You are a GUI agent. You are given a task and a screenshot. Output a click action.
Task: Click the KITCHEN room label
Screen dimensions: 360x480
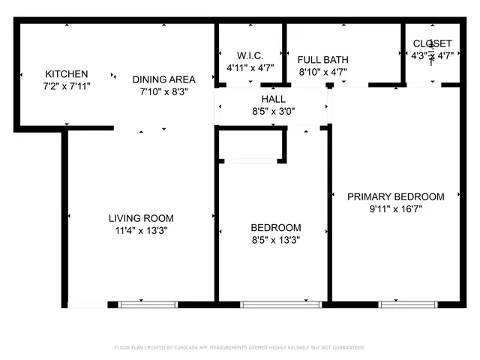coord(67,74)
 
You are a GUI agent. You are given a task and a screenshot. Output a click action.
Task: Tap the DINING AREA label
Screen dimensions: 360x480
coord(163,79)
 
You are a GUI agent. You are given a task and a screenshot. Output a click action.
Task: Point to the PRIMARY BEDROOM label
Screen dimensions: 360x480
coord(395,196)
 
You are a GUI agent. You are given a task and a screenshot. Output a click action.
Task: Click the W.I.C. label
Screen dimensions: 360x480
coord(250,55)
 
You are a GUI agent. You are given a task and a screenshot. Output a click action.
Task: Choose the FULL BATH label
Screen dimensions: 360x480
coord(322,60)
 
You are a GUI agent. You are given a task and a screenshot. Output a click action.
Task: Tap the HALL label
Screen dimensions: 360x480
coord(273,99)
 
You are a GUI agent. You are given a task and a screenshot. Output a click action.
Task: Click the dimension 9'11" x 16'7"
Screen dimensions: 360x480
coord(395,209)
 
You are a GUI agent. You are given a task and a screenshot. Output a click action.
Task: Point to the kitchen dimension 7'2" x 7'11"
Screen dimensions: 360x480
coord(67,87)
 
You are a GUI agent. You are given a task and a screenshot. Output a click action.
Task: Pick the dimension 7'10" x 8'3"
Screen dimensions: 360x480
coord(163,92)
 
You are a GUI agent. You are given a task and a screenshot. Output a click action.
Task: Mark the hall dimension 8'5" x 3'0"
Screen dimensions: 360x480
coord(273,111)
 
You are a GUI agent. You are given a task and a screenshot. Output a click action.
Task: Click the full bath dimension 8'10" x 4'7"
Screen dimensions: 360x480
coord(322,73)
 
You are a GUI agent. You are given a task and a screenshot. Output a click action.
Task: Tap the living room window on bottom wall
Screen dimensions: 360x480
coord(148,304)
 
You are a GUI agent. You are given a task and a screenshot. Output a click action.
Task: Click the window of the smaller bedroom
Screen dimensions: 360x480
coord(280,304)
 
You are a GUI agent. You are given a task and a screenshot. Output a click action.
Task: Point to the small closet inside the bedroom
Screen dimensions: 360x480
coord(250,144)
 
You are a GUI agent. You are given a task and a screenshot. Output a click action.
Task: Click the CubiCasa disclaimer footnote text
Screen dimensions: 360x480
coord(239,348)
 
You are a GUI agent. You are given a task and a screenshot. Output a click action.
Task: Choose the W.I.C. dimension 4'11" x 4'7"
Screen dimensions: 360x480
coord(250,67)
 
